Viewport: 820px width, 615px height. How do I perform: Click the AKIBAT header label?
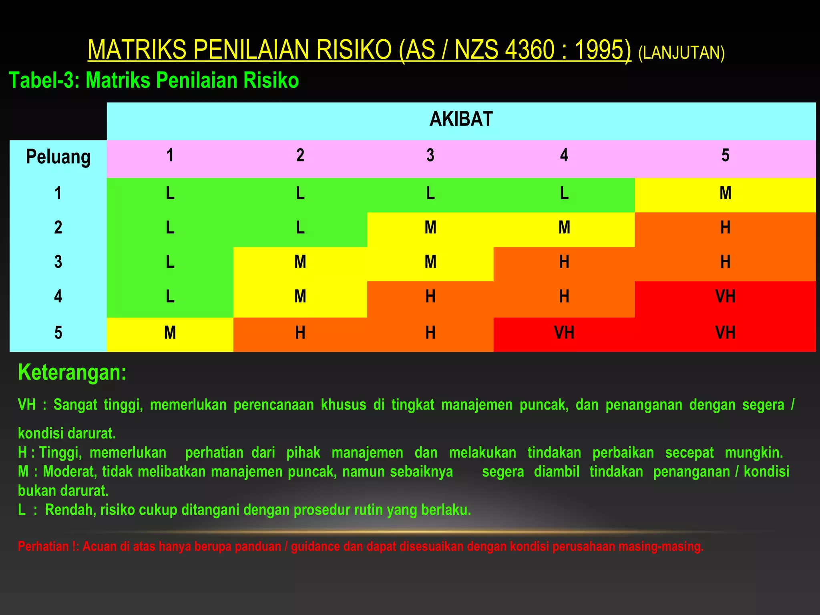click(461, 119)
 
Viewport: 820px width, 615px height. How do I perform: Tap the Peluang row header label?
click(58, 157)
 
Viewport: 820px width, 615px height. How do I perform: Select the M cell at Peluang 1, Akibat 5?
click(725, 193)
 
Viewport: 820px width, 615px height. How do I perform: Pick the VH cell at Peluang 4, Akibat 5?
click(725, 297)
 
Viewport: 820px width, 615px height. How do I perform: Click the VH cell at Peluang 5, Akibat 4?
click(564, 333)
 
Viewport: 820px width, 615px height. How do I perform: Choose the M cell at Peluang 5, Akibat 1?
click(170, 333)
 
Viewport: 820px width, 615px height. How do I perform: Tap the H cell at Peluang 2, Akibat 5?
click(725, 228)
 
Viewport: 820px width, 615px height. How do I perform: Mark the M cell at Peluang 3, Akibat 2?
click(300, 262)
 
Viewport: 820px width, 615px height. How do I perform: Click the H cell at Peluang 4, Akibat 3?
click(430, 297)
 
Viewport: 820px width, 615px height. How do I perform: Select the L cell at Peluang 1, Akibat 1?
click(170, 193)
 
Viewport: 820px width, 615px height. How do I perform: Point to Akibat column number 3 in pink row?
click(430, 155)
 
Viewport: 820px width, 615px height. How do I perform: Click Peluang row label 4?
click(58, 297)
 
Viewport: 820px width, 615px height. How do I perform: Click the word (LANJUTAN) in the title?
click(681, 53)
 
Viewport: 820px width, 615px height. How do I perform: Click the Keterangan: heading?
click(72, 372)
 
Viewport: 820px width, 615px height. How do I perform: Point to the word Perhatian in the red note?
click(43, 547)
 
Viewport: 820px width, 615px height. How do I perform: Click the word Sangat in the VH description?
click(75, 405)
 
